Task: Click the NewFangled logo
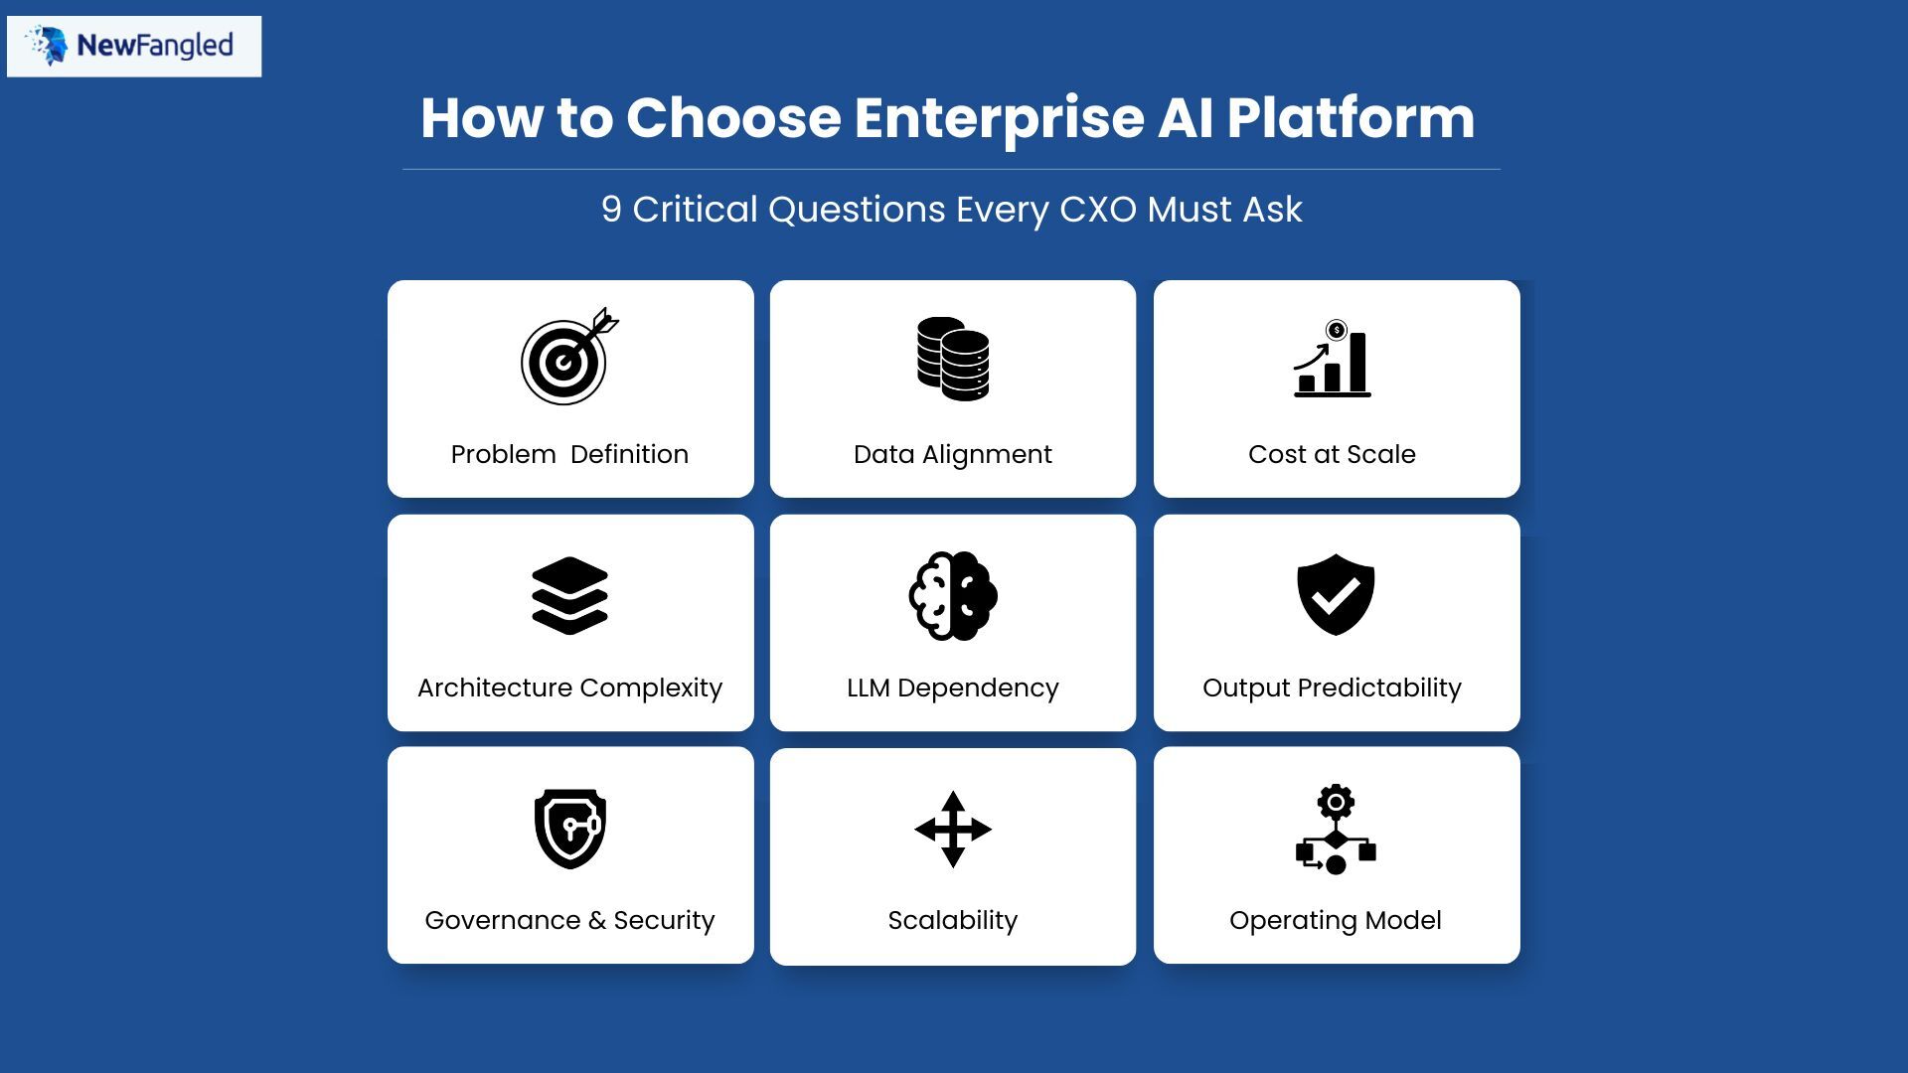[134, 46]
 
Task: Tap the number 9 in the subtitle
[610, 210]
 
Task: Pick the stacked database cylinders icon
[952, 359]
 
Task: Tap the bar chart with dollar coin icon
[1333, 360]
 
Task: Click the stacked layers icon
[569, 595]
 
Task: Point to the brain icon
[952, 595]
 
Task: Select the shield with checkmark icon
[1335, 594]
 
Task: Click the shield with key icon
[569, 829]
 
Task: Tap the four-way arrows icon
[952, 829]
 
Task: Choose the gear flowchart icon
[1335, 830]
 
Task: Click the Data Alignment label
[952, 454]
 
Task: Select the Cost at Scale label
[1332, 454]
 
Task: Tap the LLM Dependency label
[952, 688]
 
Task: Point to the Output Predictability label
[1332, 688]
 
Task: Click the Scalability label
[952, 920]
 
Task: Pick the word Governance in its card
[502, 920]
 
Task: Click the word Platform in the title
[1350, 117]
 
